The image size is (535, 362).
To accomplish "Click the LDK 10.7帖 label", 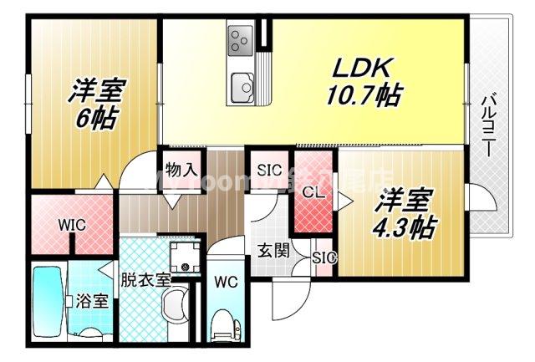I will [361, 81].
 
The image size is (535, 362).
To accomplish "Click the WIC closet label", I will [51, 224].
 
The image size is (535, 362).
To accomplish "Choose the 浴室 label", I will [92, 300].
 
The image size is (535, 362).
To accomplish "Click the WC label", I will [226, 282].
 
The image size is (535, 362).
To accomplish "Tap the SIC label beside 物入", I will [268, 170].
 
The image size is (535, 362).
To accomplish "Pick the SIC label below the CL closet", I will [324, 257].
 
